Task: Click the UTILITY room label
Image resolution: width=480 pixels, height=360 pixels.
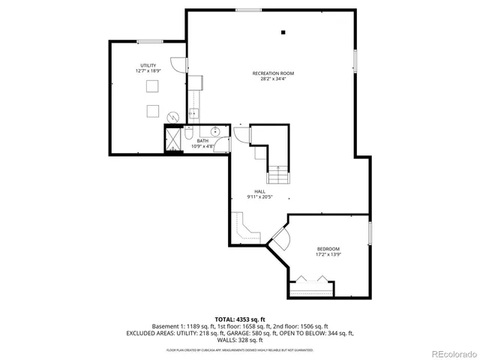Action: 148,66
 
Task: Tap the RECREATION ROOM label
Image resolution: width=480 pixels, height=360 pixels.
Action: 272,73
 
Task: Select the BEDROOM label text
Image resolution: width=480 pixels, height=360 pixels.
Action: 328,249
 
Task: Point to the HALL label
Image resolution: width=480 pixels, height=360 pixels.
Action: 259,191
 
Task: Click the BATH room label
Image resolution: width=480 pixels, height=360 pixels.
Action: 202,140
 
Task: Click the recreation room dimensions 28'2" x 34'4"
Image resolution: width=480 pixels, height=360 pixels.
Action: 272,79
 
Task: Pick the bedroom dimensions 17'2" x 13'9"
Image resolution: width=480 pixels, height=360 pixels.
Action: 328,255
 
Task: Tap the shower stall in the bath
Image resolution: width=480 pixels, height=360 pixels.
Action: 173,139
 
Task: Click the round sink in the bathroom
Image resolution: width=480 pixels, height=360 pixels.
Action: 216,132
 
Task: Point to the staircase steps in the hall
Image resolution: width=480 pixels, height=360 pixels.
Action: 278,175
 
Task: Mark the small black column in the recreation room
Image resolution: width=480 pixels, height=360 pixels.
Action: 283,32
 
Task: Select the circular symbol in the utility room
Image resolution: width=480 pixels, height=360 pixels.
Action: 173,117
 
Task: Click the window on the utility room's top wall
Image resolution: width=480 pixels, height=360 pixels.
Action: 150,41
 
